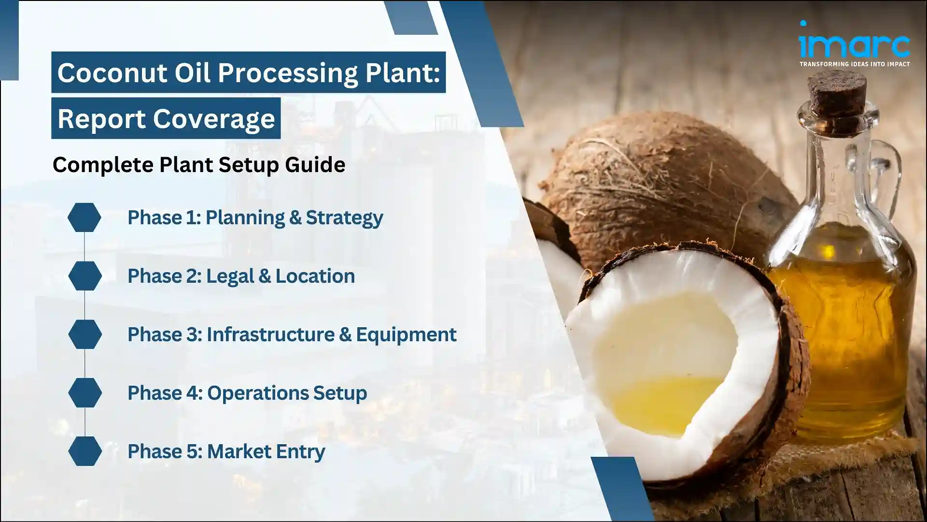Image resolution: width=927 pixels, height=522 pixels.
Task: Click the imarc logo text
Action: (x=854, y=44)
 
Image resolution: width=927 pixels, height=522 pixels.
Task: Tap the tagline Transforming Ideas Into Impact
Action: (x=855, y=64)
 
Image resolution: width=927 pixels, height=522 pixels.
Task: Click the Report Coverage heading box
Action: (x=166, y=118)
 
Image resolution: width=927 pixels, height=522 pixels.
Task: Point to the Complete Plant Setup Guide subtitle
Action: (x=198, y=165)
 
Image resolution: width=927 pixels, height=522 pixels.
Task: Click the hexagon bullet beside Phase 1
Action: (x=84, y=217)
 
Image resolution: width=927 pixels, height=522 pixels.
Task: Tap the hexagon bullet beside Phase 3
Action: (x=85, y=334)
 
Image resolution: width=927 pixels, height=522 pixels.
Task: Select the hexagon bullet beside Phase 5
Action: (x=85, y=451)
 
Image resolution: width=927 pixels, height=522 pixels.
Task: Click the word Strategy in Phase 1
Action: (x=344, y=217)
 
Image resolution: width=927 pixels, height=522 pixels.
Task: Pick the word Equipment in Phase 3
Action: (x=406, y=334)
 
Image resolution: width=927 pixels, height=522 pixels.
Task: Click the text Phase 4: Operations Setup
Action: (x=247, y=393)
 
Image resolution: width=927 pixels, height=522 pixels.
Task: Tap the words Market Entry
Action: (x=266, y=451)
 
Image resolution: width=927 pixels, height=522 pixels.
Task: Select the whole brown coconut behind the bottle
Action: (x=661, y=188)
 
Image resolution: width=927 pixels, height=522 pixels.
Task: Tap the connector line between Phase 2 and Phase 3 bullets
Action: (x=85, y=305)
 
